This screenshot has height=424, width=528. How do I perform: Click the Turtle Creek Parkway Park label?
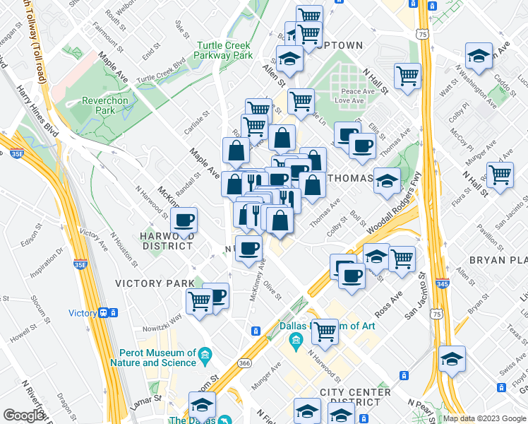[x=224, y=49]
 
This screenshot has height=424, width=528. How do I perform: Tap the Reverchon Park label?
[x=108, y=106]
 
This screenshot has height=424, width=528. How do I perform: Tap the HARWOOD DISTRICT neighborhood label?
[x=166, y=240]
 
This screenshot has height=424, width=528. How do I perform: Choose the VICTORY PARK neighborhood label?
[x=155, y=283]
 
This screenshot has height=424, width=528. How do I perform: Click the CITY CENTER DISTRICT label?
[x=355, y=397]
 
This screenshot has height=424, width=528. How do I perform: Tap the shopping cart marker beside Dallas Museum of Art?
[x=325, y=330]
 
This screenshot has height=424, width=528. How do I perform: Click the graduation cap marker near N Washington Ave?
[x=479, y=56]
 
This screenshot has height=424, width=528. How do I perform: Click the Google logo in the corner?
[x=23, y=416]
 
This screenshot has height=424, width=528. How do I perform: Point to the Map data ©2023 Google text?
[x=484, y=418]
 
